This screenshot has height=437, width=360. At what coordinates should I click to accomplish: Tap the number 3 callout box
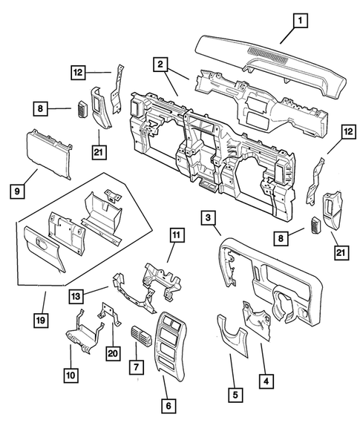click(209, 217)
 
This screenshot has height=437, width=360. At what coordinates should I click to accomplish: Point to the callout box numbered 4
click(264, 381)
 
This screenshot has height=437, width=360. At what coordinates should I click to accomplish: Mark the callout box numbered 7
click(135, 367)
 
